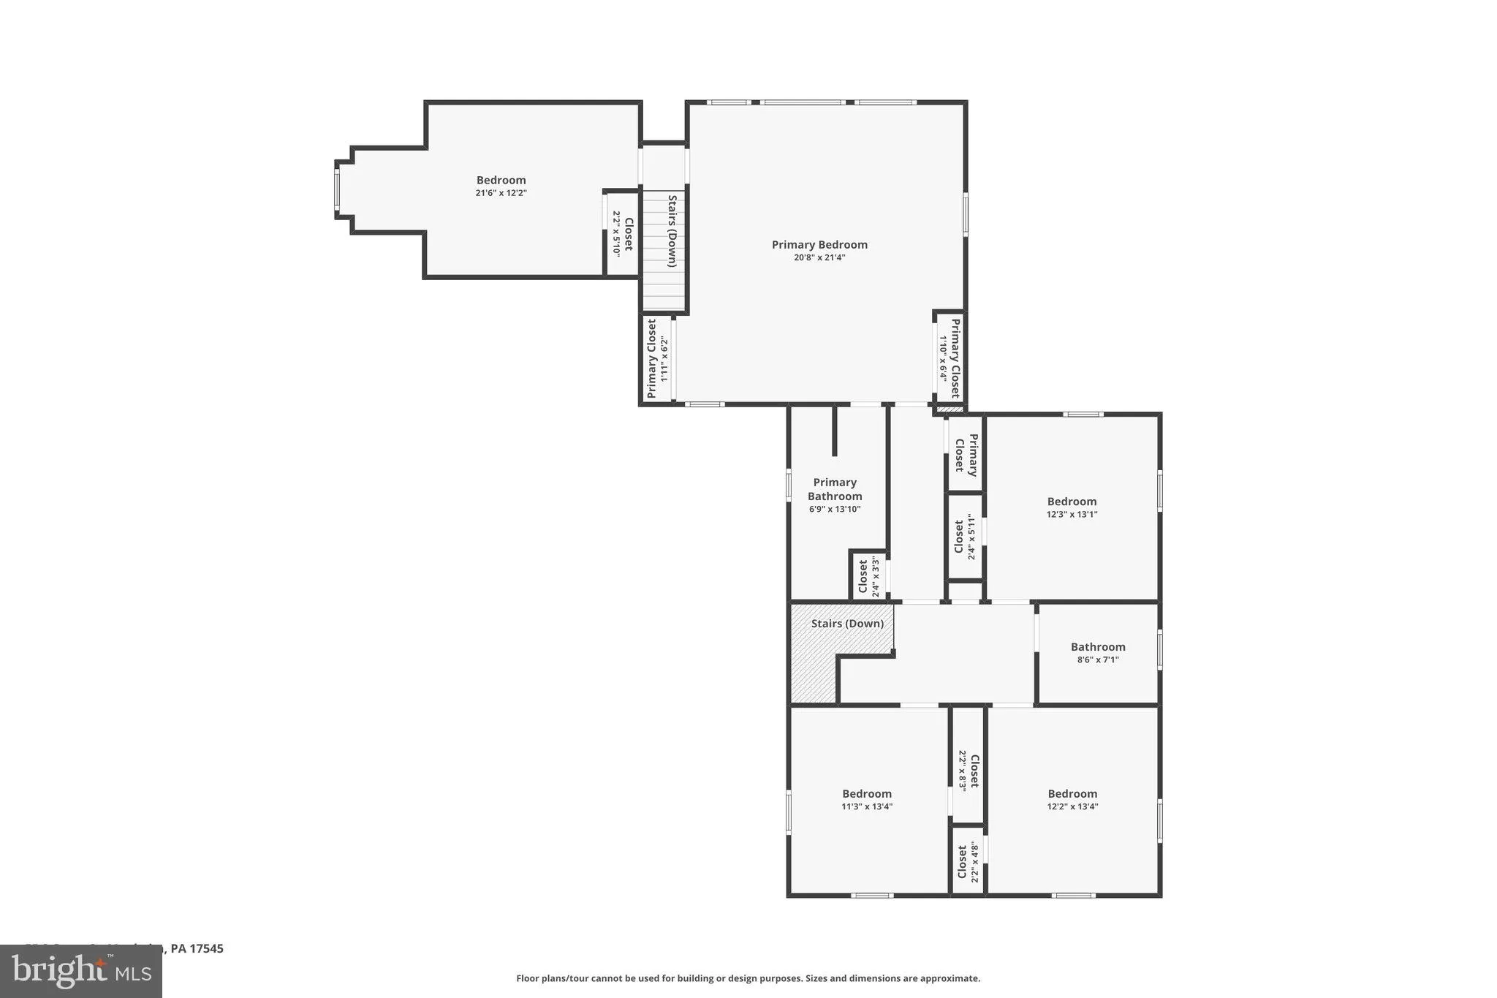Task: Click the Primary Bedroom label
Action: (x=819, y=245)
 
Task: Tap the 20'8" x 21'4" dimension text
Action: (x=819, y=257)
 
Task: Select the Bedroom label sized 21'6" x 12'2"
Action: (x=501, y=181)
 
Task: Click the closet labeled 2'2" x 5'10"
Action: (x=622, y=233)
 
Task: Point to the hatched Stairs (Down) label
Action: (x=847, y=624)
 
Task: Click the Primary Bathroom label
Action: (x=835, y=489)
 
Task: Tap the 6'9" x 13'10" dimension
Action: (x=835, y=509)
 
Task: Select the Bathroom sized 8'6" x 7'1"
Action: (x=1098, y=647)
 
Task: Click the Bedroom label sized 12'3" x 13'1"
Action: (x=1072, y=502)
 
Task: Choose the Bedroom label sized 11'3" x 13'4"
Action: (x=867, y=794)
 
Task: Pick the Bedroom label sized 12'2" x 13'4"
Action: (x=1072, y=794)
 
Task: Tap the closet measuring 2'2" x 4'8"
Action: (x=968, y=863)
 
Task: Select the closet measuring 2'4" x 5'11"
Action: (x=965, y=537)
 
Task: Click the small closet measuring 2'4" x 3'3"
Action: (x=868, y=577)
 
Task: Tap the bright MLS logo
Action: (x=80, y=971)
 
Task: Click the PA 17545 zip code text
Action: (x=196, y=948)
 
